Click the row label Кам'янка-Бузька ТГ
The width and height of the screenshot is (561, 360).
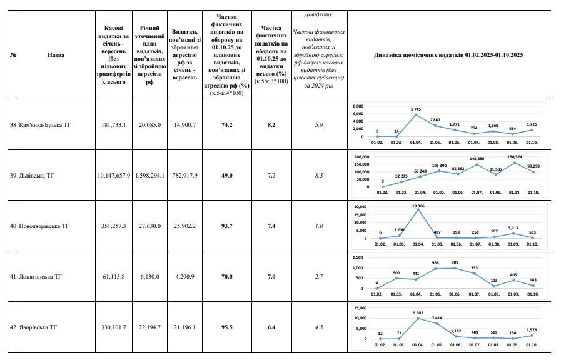tap(45, 125)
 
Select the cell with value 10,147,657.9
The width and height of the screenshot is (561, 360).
tap(114, 176)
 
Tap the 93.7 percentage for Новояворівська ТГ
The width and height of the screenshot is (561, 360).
tap(226, 226)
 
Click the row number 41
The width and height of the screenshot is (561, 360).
tap(13, 277)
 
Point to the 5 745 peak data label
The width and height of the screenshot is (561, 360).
tap(416, 109)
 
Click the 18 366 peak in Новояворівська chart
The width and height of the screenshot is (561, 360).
tap(418, 206)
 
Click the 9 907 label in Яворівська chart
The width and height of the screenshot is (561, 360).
tap(418, 313)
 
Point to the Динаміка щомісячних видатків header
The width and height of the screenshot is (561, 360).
tap(448, 55)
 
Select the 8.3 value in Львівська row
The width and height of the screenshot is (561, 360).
tap(320, 176)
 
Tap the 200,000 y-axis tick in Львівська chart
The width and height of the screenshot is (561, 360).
tap(362, 157)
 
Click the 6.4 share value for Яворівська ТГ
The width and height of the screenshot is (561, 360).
tap(271, 327)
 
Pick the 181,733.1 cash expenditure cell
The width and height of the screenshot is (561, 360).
tap(114, 125)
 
